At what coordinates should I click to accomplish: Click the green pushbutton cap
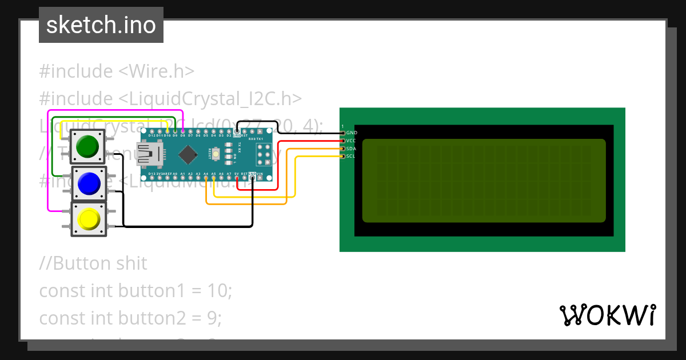tap(87, 147)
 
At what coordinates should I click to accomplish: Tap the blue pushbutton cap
tap(89, 184)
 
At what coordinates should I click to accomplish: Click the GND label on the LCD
tap(352, 133)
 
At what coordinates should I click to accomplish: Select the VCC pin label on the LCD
tap(352, 141)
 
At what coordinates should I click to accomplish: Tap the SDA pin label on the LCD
tap(352, 149)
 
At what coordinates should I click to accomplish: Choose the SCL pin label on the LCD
tap(352, 156)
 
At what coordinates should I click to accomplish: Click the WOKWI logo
tap(607, 315)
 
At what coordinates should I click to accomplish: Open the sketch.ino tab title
tap(101, 25)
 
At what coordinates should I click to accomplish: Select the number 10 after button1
tap(220, 291)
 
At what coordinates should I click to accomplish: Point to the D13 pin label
tap(151, 173)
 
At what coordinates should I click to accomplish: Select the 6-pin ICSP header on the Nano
tap(264, 154)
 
